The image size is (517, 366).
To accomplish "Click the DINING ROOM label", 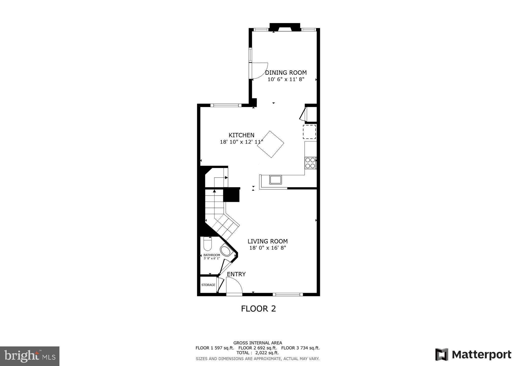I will point(286,73).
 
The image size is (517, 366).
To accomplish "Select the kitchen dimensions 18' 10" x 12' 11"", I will point(241,142).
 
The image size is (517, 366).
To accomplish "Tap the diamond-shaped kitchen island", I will point(270,144).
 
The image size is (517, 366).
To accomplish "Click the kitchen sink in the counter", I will point(276,179).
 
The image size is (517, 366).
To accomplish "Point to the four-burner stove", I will point(310,163).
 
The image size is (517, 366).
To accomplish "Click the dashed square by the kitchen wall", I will point(309,132).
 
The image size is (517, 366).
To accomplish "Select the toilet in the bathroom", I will point(207,244).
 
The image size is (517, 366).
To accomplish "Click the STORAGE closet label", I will point(208,285).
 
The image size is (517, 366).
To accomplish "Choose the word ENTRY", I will point(236,274).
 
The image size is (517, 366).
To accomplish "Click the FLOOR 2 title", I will point(258,309).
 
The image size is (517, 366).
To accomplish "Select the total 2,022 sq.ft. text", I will point(257,353).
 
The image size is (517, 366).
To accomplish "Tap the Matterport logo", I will point(473,355).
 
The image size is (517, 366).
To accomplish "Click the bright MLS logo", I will point(30,356).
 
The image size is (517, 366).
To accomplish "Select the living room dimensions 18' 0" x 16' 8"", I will point(268,248).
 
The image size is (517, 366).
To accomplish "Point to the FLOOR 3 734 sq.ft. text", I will point(300,348).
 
